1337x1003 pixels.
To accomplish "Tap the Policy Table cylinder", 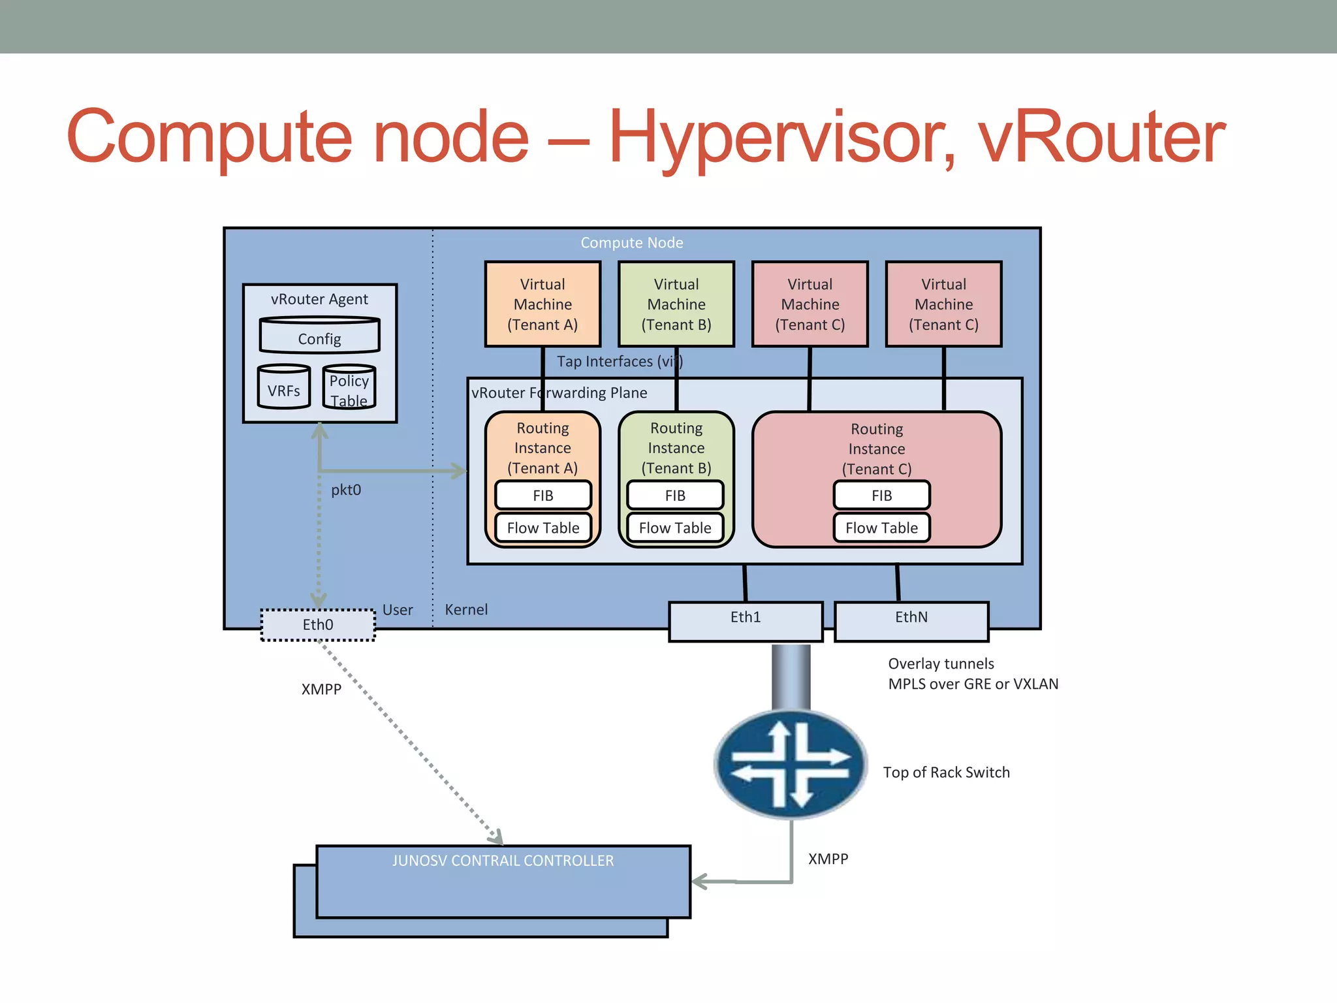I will (x=349, y=388).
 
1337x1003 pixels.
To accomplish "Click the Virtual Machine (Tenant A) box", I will (x=543, y=304).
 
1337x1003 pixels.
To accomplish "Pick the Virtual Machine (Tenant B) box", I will (x=676, y=304).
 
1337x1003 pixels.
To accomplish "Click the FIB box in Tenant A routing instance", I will (x=543, y=496).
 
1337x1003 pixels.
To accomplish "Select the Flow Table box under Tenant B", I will (x=675, y=528).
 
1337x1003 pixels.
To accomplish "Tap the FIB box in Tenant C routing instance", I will (x=881, y=496).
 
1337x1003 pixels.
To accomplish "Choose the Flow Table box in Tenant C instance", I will (x=881, y=528).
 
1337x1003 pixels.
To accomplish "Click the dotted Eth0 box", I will (x=318, y=625).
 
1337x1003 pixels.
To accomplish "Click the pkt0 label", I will (x=346, y=490).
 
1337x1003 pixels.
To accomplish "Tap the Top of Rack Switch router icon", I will (x=791, y=764).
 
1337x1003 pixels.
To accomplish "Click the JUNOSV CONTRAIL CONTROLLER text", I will (x=503, y=861).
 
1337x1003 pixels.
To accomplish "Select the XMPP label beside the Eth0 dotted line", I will (x=321, y=690).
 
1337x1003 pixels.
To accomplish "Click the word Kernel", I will (x=466, y=610).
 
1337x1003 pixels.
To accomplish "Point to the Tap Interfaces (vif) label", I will (x=619, y=362).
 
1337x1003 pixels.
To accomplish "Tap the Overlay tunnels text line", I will (x=941, y=664).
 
